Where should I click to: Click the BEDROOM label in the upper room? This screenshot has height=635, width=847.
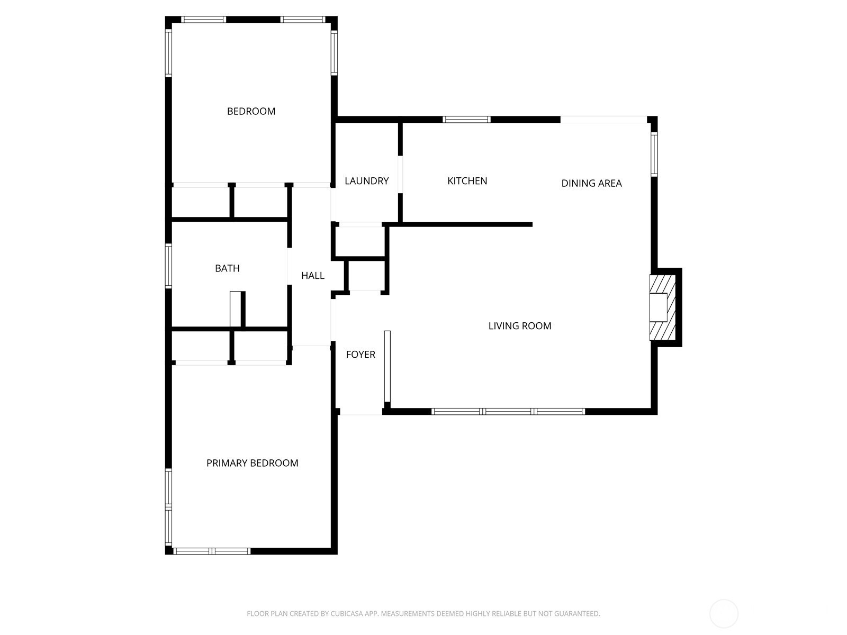tap(251, 112)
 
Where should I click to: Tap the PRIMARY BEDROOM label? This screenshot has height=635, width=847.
tap(253, 463)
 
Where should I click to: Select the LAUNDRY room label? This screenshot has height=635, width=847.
tap(366, 181)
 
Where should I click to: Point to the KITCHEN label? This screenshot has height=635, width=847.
tap(467, 181)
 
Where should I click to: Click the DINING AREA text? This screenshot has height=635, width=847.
tap(591, 184)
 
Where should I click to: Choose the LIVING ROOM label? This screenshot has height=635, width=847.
tap(520, 326)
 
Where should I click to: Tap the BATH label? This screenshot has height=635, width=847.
tap(227, 268)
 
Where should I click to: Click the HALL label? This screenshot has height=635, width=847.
tap(312, 276)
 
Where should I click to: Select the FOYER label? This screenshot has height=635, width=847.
tap(361, 355)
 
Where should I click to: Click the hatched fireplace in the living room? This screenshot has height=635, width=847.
tap(663, 307)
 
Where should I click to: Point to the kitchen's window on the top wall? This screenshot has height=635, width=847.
tap(466, 120)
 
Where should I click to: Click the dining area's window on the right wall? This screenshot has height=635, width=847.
tap(654, 154)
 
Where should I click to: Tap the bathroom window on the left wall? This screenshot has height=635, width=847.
tap(168, 266)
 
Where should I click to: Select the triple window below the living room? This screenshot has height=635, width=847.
tap(508, 411)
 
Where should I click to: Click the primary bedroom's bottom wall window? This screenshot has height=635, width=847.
tap(211, 551)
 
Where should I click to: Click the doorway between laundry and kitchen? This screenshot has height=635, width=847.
tap(400, 174)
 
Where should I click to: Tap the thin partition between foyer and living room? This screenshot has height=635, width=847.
tap(387, 367)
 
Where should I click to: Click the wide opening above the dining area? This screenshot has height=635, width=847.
tap(603, 120)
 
